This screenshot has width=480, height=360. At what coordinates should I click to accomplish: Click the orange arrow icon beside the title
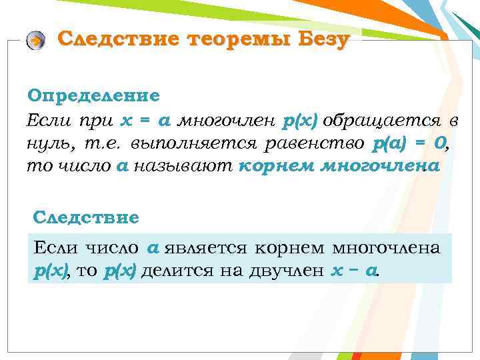[36, 41]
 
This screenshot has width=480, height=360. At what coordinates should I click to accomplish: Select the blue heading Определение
[93, 95]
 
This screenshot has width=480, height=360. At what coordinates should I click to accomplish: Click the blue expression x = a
[146, 121]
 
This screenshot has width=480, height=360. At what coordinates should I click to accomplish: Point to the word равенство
[303, 143]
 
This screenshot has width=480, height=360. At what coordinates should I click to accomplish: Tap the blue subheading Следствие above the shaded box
[86, 217]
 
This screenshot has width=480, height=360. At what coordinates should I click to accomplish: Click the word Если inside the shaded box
[57, 248]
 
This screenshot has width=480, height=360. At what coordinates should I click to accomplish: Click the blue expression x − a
[353, 271]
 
